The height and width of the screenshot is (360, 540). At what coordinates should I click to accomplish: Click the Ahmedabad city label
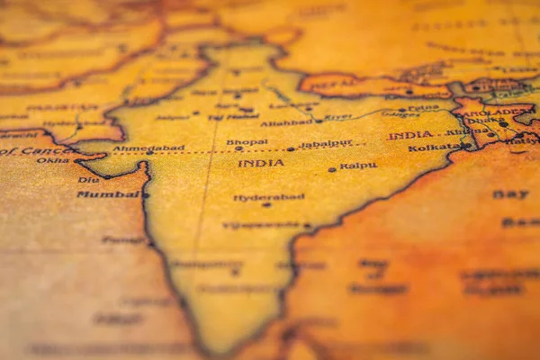148,148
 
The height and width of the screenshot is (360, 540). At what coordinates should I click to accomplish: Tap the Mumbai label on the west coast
108,193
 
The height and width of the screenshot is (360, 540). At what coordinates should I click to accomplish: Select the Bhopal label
247,141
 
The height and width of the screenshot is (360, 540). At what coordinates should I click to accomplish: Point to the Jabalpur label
325,142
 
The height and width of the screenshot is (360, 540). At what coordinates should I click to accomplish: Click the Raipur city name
358,166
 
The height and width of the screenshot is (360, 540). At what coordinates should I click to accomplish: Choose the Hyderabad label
269,196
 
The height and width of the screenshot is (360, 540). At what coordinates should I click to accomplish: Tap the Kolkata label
434,147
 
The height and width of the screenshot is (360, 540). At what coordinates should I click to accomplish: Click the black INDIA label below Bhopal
261,163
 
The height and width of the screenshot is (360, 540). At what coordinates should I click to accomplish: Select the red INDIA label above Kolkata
409,135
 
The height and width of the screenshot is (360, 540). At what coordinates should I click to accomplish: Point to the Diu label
88,180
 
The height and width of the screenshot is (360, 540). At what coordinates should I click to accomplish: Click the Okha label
52,160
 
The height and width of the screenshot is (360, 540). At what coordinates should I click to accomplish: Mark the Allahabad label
286,122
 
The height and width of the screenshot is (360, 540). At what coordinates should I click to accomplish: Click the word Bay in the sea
510,193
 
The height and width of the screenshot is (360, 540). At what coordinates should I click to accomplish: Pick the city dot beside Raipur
331,168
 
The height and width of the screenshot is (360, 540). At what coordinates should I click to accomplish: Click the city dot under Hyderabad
265,205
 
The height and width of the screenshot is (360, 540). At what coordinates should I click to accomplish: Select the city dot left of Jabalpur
290,148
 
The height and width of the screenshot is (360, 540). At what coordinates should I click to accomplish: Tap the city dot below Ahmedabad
148,153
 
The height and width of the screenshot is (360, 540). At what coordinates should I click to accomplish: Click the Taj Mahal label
233,117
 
